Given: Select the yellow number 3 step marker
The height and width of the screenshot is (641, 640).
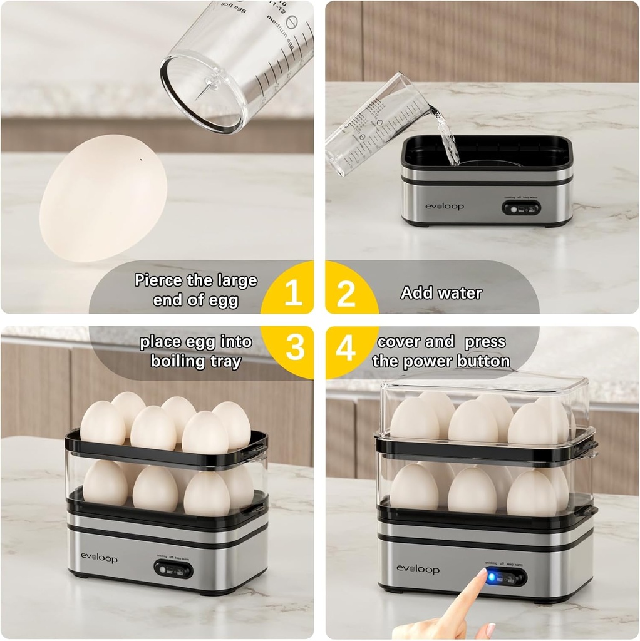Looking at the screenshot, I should click(295, 348).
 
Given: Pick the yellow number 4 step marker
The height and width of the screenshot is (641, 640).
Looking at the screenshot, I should click(345, 349).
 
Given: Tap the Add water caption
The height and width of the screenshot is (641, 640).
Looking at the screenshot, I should click(441, 293).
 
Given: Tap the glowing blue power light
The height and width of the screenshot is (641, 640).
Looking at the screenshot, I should click(492, 577).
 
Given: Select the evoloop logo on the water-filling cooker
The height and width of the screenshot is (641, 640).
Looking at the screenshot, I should click(445, 206).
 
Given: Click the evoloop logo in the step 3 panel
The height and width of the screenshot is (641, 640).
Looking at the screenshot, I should click(98, 558).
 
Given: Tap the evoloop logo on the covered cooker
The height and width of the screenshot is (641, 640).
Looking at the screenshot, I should click(418, 568).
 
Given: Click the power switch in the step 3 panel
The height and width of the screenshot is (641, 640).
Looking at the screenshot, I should click(173, 570).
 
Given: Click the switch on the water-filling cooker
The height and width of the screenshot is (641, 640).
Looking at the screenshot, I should click(521, 208).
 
